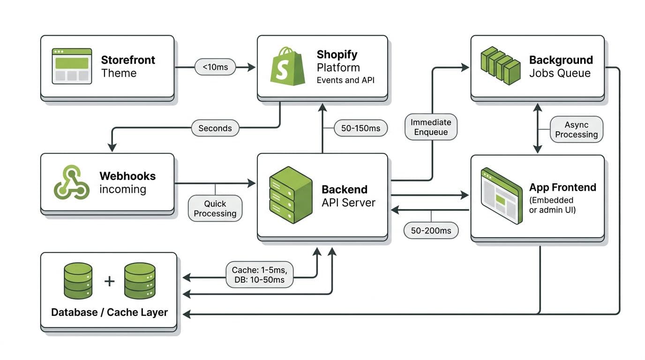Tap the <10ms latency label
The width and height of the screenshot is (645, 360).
pyautogui.click(x=215, y=67)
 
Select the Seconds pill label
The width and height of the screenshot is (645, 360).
pyautogui.click(x=215, y=128)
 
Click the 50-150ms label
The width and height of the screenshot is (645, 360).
pyautogui.click(x=360, y=128)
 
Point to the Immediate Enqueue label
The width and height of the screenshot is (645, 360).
pyautogui.click(x=431, y=127)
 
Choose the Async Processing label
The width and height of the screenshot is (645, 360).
pyautogui.click(x=576, y=129)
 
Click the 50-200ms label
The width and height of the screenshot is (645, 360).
pyautogui.click(x=431, y=230)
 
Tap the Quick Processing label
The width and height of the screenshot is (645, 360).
pyautogui.click(x=215, y=209)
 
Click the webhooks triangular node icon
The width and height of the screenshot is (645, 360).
pyautogui.click(x=71, y=182)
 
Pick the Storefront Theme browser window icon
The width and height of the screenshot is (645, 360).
pyautogui.click(x=72, y=66)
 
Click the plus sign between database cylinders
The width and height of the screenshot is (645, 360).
pyautogui.click(x=109, y=281)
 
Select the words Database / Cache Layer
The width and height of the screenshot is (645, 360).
pyautogui.click(x=109, y=312)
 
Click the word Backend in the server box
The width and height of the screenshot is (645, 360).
pyautogui.click(x=344, y=189)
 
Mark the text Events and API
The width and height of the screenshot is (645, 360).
pyautogui.click(x=345, y=80)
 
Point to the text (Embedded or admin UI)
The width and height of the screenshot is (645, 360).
pyautogui.click(x=552, y=205)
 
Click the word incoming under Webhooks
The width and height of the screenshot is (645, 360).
pyautogui.click(x=123, y=189)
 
